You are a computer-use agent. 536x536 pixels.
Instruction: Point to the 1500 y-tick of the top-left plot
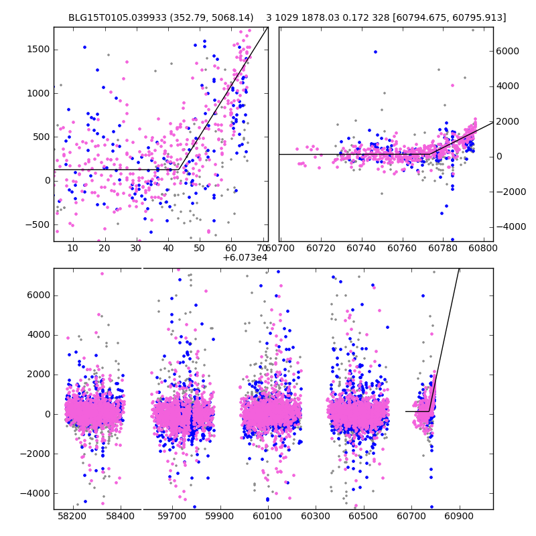[38, 50]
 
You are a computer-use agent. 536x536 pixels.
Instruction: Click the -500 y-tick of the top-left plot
[36, 224]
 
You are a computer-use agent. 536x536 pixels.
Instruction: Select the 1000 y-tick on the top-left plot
[38, 93]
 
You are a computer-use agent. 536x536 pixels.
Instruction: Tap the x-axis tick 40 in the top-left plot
[167, 249]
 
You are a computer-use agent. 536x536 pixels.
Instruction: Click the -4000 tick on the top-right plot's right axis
[509, 226]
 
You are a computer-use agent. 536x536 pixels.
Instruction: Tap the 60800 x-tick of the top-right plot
[482, 249]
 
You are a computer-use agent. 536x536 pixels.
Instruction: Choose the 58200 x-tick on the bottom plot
[72, 517]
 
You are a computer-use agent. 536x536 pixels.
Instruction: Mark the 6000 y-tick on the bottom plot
[38, 295]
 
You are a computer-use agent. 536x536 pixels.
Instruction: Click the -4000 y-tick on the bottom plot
[36, 493]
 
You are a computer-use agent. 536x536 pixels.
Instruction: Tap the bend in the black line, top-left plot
[179, 169]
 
